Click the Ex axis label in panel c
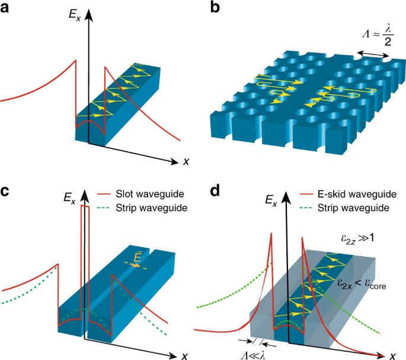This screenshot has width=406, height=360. click(69, 195)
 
